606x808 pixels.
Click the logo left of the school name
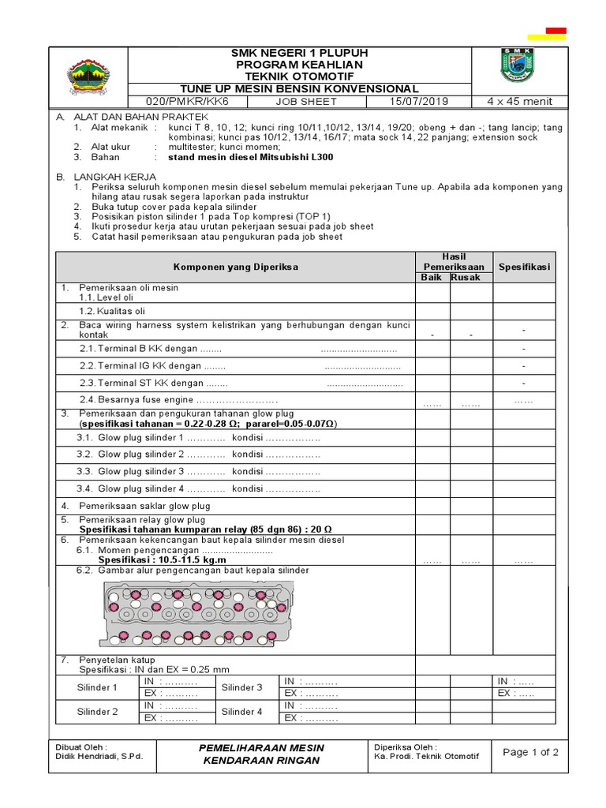pos(88,76)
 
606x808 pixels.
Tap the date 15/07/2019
pos(417,102)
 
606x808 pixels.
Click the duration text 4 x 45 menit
pos(518,102)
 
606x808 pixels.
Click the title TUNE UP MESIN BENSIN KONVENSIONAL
pos(299,89)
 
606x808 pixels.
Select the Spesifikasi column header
pos(524,267)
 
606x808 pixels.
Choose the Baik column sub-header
pos(432,278)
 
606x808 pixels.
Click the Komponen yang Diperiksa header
pos(236,267)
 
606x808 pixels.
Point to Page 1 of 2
pos(529,752)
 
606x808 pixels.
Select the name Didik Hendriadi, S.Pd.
pos(99,757)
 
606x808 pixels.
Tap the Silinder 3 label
pos(241,687)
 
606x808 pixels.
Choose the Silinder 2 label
pos(97,712)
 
